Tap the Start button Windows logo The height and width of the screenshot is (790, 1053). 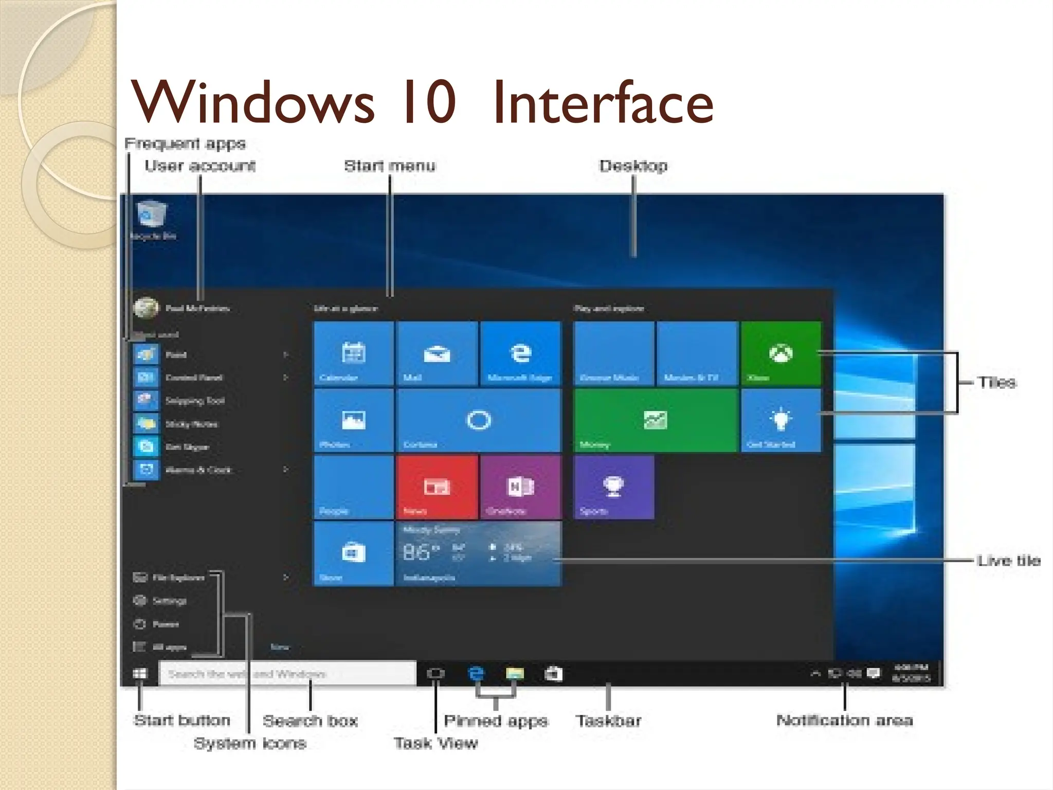point(139,674)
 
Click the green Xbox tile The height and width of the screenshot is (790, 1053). point(780,353)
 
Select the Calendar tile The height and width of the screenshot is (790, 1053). point(354,353)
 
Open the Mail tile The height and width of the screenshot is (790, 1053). point(437,353)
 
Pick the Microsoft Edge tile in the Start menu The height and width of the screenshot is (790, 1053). point(520,353)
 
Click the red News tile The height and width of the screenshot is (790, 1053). point(437,487)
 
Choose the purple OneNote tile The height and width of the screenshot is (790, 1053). point(520,487)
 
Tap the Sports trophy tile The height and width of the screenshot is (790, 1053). point(613,487)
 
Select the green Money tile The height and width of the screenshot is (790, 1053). point(655,420)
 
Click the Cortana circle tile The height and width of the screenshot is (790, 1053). point(479,420)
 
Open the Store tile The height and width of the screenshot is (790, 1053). point(354,553)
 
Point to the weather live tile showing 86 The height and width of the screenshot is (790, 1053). point(478,553)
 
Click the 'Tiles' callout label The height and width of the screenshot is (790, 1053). point(997,382)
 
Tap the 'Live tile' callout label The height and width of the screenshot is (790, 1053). point(1008,560)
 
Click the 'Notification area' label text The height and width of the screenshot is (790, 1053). point(844,720)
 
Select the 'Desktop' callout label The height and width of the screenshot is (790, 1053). point(633,166)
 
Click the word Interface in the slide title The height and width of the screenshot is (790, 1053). point(603,103)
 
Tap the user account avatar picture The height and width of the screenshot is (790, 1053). point(146,308)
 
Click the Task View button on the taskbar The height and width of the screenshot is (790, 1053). point(435,674)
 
